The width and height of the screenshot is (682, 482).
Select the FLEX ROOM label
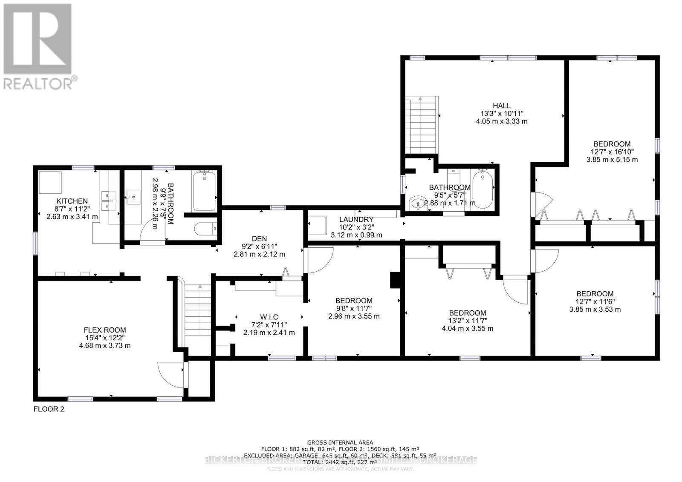click(x=104, y=330)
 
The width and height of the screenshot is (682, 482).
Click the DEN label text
click(x=259, y=238)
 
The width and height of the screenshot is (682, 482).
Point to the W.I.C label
click(x=269, y=317)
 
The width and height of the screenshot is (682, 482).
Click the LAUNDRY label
click(x=356, y=219)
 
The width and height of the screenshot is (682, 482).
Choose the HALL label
click(x=501, y=106)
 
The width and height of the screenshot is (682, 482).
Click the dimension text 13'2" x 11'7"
click(x=467, y=321)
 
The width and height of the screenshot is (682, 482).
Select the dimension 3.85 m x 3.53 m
click(x=595, y=309)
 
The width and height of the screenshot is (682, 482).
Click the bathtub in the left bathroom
click(x=205, y=191)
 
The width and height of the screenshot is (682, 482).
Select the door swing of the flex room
click(x=170, y=374)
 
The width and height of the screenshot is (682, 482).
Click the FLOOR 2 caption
click(x=49, y=409)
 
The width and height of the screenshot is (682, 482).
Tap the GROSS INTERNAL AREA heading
click(x=340, y=442)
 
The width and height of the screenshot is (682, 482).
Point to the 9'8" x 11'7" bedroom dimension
click(x=354, y=308)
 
